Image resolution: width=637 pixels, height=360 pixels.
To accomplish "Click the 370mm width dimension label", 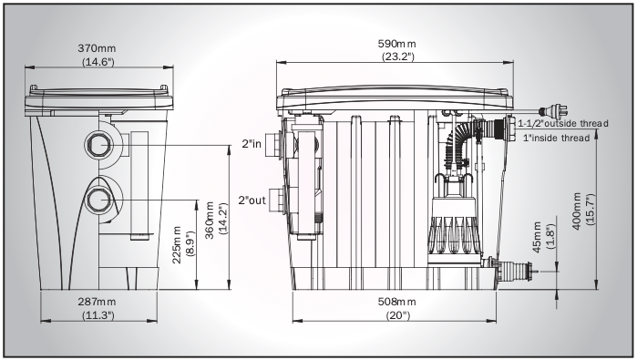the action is pyautogui.click(x=97, y=48).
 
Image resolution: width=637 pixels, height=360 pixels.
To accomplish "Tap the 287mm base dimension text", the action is pyautogui.click(x=97, y=302).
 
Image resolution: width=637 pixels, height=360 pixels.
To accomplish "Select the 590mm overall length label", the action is pyautogui.click(x=397, y=44).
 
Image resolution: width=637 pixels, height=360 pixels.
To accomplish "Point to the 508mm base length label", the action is pyautogui.click(x=397, y=302).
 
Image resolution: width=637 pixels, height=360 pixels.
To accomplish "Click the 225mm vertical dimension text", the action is pyautogui.click(x=177, y=245).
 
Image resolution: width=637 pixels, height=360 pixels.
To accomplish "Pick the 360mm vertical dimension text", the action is pyautogui.click(x=210, y=221).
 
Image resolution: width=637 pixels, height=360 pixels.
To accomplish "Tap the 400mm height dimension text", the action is pyautogui.click(x=577, y=211).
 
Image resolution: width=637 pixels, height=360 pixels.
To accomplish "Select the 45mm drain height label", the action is pyautogui.click(x=537, y=237).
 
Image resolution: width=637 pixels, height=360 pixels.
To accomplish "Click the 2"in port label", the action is pyautogui.click(x=252, y=143).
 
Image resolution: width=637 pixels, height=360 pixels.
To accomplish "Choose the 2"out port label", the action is pyautogui.click(x=252, y=201).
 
